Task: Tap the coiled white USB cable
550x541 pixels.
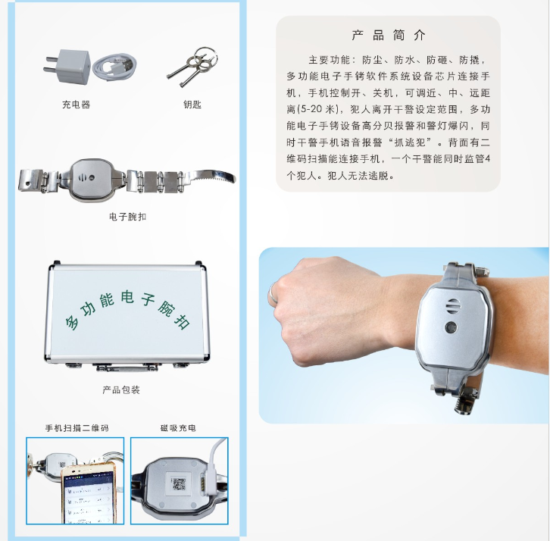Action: (114, 67)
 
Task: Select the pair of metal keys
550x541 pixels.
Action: (193, 67)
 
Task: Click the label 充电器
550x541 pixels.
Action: (76, 105)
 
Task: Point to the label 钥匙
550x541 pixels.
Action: (192, 105)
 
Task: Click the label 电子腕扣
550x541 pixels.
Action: (128, 217)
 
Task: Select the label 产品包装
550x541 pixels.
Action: (121, 389)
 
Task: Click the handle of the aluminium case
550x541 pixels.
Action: (127, 367)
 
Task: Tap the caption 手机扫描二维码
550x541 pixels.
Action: (77, 428)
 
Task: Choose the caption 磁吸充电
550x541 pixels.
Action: (178, 428)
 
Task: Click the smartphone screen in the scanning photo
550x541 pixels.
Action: (89, 497)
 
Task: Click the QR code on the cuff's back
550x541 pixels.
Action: (179, 484)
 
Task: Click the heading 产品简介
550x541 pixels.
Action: (389, 36)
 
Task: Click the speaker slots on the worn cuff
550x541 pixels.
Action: (452, 306)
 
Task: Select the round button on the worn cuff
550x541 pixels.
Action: (451, 327)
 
